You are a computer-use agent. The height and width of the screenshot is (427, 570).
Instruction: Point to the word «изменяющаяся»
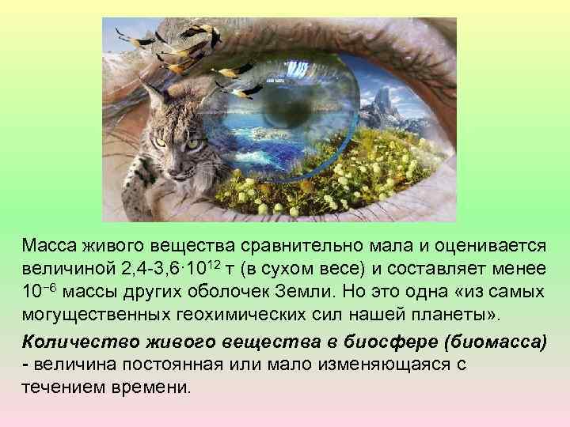point(372,365)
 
